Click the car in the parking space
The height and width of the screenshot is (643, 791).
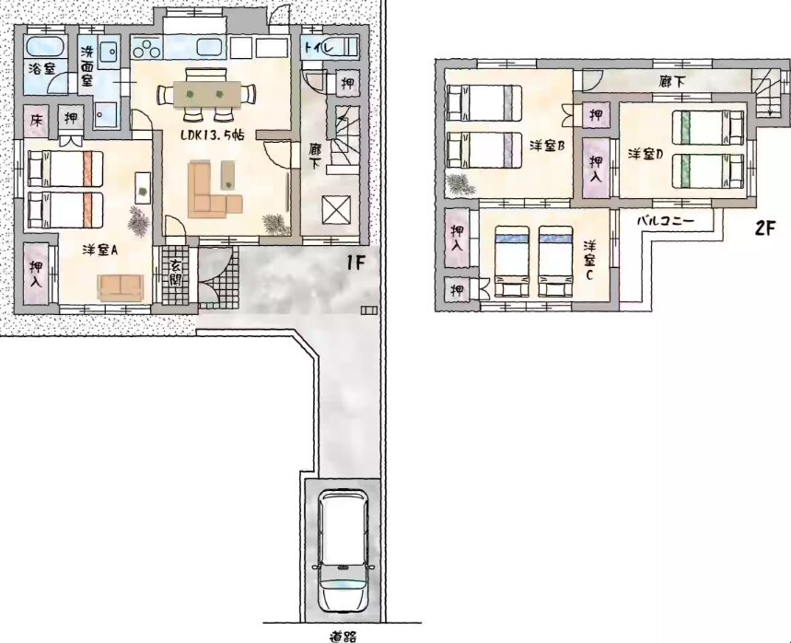(x=343, y=550)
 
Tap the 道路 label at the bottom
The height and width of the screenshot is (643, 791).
(x=343, y=636)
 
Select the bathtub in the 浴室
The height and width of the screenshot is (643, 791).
(x=44, y=48)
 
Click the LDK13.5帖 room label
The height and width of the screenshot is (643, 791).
(x=213, y=135)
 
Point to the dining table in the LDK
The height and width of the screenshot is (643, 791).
(x=206, y=94)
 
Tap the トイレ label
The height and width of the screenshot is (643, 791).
(x=319, y=49)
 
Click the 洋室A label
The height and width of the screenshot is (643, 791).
(x=99, y=250)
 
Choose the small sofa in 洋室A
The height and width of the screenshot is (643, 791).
(x=121, y=287)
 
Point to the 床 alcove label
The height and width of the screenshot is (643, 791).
(x=36, y=120)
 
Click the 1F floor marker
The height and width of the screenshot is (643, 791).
(x=355, y=263)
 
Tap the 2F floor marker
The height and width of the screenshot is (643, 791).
(x=764, y=228)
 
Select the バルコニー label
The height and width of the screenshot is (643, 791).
(x=666, y=220)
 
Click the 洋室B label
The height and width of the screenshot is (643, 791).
(x=546, y=146)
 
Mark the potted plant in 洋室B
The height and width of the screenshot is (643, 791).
(x=459, y=184)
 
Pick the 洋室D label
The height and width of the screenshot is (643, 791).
(x=646, y=154)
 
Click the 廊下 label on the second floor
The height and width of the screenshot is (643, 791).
(x=672, y=81)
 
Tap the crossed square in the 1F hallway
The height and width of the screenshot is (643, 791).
(x=336, y=210)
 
